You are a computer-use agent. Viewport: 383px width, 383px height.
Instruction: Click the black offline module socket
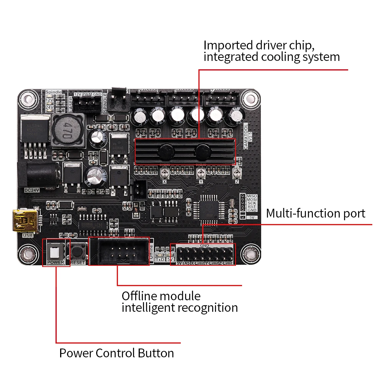pyautogui.click(x=119, y=251)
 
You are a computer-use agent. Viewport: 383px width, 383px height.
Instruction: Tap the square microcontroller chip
pyautogui.click(x=208, y=210)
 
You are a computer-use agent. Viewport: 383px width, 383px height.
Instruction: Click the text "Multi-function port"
pyautogui.click(x=316, y=213)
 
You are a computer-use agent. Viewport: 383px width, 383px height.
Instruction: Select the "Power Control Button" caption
pyautogui.click(x=116, y=353)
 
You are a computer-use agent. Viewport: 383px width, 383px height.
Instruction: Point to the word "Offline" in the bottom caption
pyautogui.click(x=139, y=296)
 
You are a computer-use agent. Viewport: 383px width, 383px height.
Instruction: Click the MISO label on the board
pyautogui.click(x=252, y=196)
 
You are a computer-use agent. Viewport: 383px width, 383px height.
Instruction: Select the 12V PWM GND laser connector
pyautogui.click(x=87, y=102)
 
